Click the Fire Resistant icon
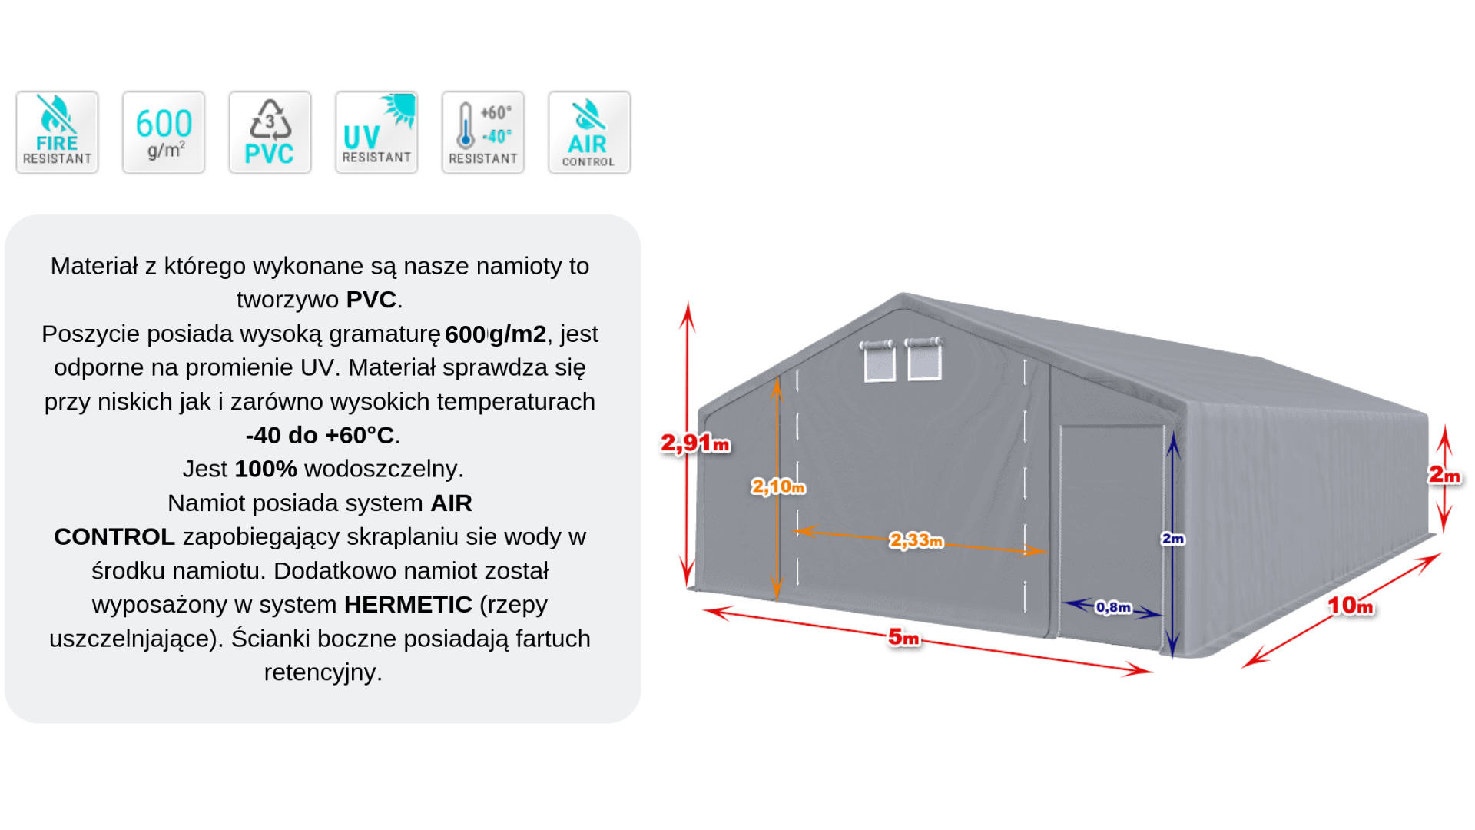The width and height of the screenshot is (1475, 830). click(57, 132)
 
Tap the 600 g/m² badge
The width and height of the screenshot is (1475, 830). click(164, 132)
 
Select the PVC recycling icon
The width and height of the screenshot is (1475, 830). click(270, 132)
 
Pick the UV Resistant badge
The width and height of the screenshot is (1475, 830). click(376, 132)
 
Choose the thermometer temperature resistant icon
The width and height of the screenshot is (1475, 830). click(482, 132)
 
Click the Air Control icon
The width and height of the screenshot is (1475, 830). click(589, 132)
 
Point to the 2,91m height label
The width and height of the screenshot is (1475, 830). click(695, 443)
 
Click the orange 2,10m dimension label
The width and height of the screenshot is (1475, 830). click(778, 486)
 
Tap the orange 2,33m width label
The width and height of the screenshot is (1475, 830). click(916, 540)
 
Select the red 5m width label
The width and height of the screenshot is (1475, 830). click(903, 637)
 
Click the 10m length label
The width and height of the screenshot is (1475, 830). click(1351, 606)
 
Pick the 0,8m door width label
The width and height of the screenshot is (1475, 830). click(1113, 607)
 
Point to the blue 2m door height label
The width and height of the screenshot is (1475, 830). click(1173, 539)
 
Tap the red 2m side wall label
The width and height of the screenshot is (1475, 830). click(1444, 476)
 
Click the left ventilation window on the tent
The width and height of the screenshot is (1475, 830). click(879, 360)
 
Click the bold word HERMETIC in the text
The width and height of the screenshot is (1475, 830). click(408, 605)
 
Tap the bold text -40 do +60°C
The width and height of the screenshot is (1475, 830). click(320, 435)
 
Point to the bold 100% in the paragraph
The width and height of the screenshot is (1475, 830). click(266, 469)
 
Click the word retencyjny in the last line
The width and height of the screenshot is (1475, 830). click(323, 672)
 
